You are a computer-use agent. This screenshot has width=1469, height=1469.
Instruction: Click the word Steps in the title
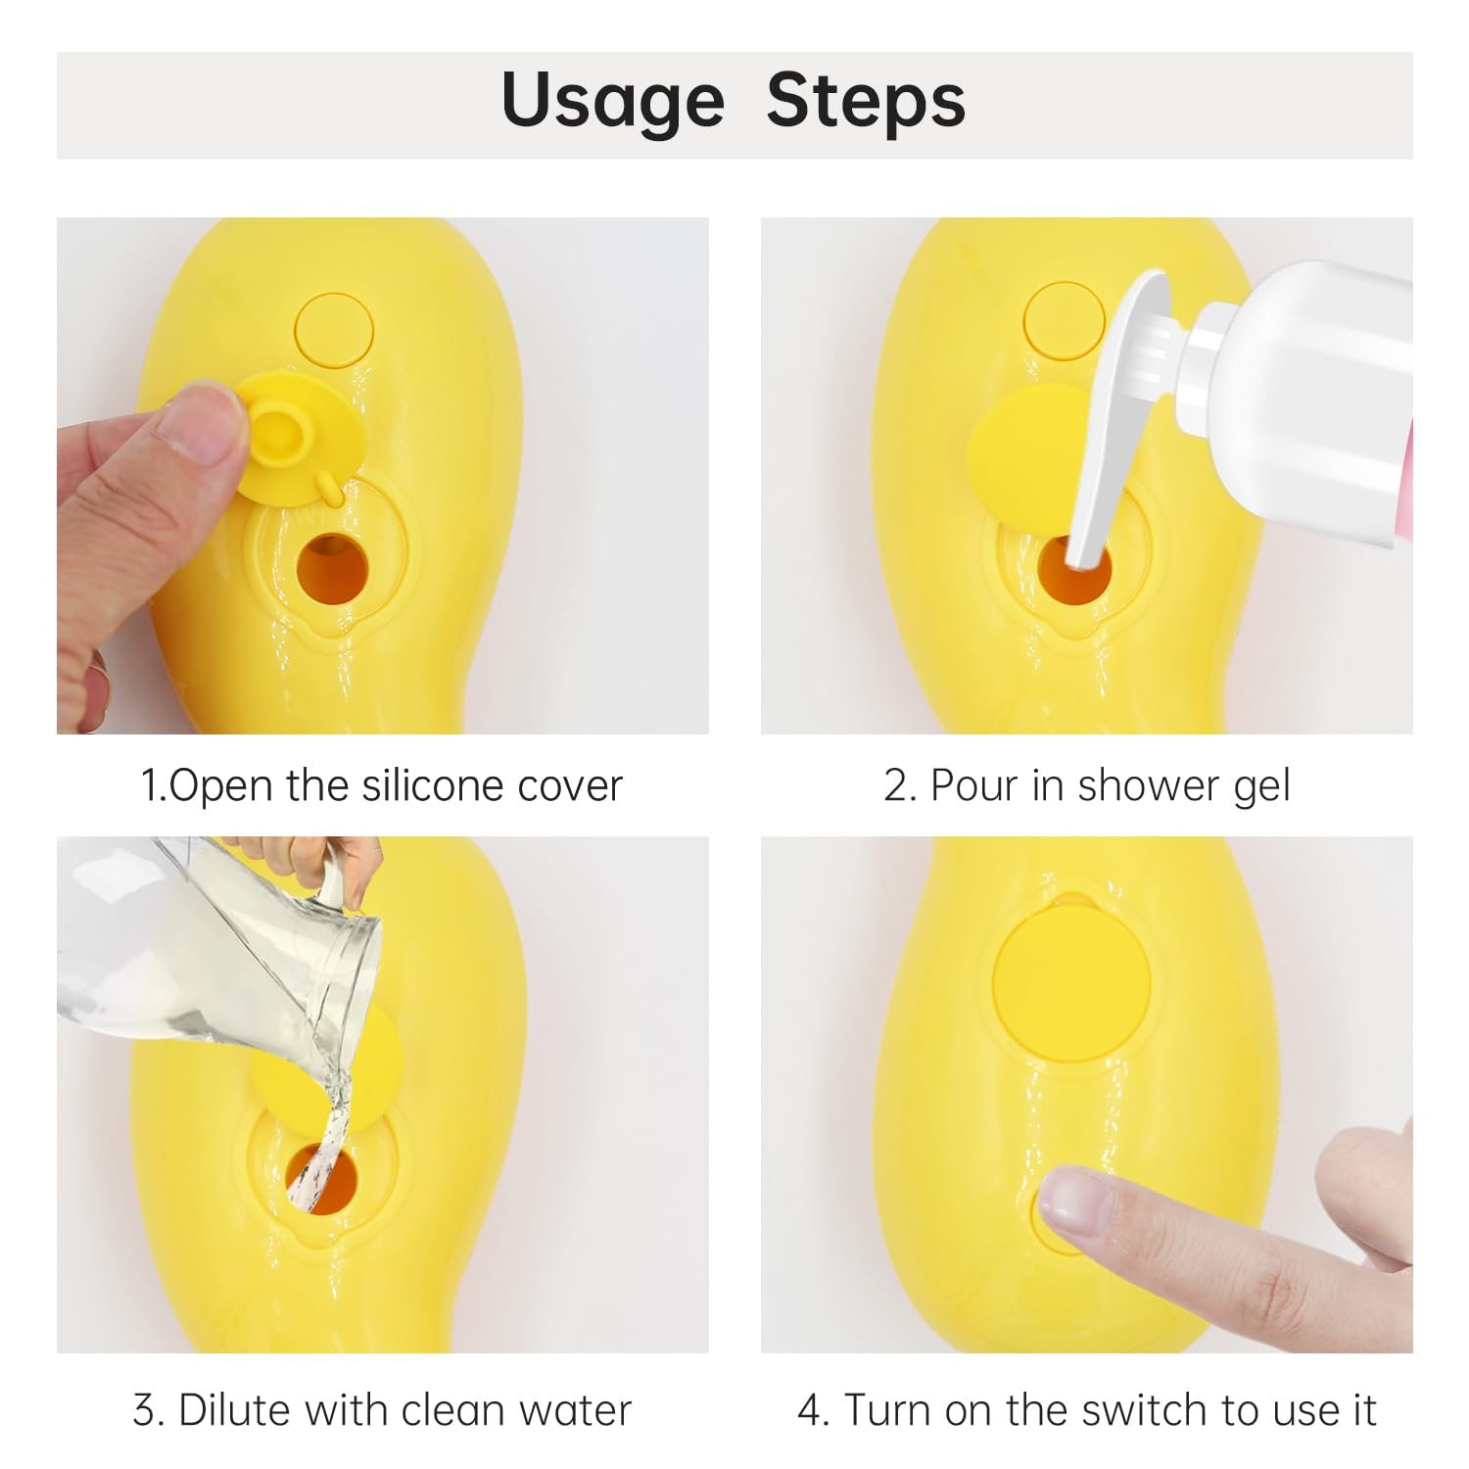coord(866,101)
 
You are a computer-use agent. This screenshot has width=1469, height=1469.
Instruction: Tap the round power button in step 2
coord(1058,320)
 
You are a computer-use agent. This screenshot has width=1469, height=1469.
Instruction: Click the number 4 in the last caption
coord(810,1411)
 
